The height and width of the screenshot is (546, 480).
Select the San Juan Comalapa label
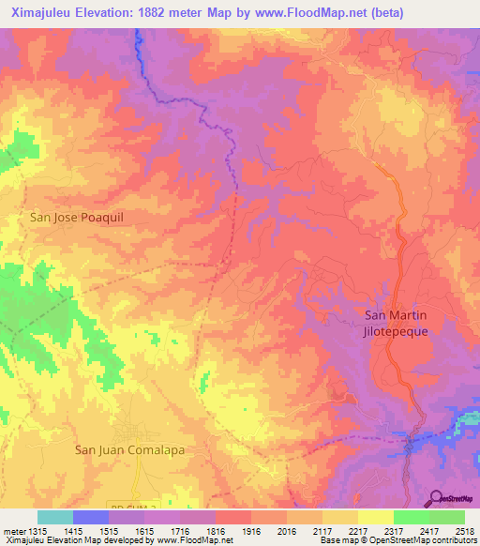pos(129,449)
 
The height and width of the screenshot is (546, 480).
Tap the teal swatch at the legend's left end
pos(55,517)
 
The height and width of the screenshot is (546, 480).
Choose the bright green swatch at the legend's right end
pos(446,517)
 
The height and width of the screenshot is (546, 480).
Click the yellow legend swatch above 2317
pos(375,517)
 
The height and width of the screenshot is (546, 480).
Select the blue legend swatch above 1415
pos(91,517)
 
